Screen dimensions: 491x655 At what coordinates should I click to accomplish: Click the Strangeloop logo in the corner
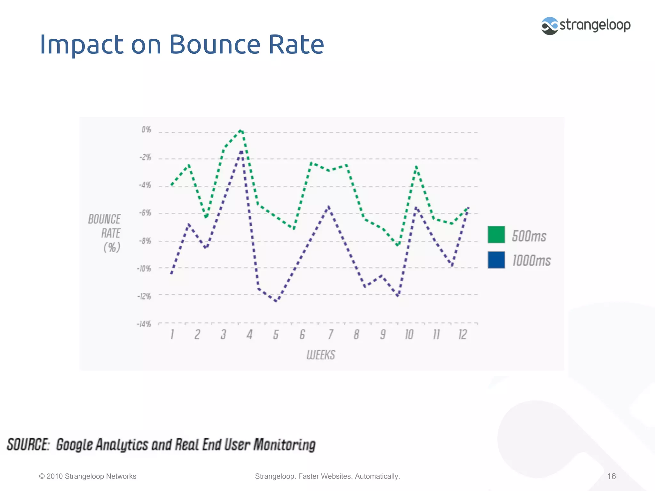[585, 26]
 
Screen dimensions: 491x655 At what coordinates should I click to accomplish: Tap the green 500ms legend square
[496, 235]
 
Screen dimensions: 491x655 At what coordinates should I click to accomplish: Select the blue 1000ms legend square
[496, 260]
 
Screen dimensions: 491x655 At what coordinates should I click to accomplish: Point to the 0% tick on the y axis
[146, 129]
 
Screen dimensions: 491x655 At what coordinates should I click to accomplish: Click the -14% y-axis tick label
[144, 324]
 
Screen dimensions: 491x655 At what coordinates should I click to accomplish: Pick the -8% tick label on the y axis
[145, 241]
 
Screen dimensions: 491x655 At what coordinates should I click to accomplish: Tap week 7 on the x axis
[330, 335]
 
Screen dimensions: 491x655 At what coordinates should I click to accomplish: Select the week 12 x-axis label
[462, 335]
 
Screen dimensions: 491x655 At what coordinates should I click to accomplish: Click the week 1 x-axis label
[172, 335]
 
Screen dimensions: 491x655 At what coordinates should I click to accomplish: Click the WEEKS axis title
[321, 355]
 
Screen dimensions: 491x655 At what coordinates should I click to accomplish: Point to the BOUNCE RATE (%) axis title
[106, 233]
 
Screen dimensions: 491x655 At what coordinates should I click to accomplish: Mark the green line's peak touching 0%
[241, 130]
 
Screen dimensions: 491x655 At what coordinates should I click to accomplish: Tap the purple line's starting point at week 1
[172, 273]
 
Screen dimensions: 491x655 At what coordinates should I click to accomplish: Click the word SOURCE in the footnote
[28, 445]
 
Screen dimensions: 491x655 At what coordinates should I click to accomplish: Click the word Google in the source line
[75, 445]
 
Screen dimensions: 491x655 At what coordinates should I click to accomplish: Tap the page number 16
[611, 476]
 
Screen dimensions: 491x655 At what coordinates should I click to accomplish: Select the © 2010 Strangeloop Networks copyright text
[88, 476]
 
